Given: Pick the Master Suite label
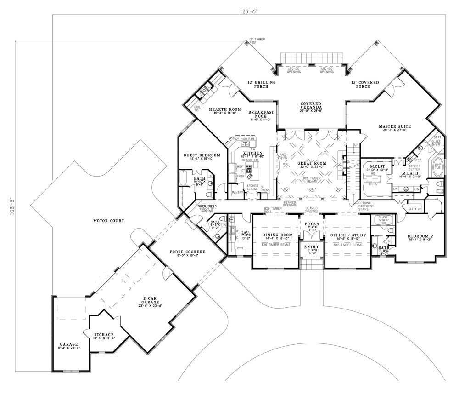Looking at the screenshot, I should click(394, 126).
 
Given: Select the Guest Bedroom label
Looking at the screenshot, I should click(202, 155).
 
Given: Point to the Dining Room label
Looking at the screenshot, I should click(274, 235).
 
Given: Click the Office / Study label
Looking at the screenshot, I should click(347, 235).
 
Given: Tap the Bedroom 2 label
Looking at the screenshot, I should click(420, 237).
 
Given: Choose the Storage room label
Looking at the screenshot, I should click(104, 335).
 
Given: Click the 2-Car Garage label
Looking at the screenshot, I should click(151, 303).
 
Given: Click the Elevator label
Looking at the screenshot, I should click(414, 209).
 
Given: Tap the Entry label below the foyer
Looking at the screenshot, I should click(311, 248).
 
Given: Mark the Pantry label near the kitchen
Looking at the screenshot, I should click(237, 192).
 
